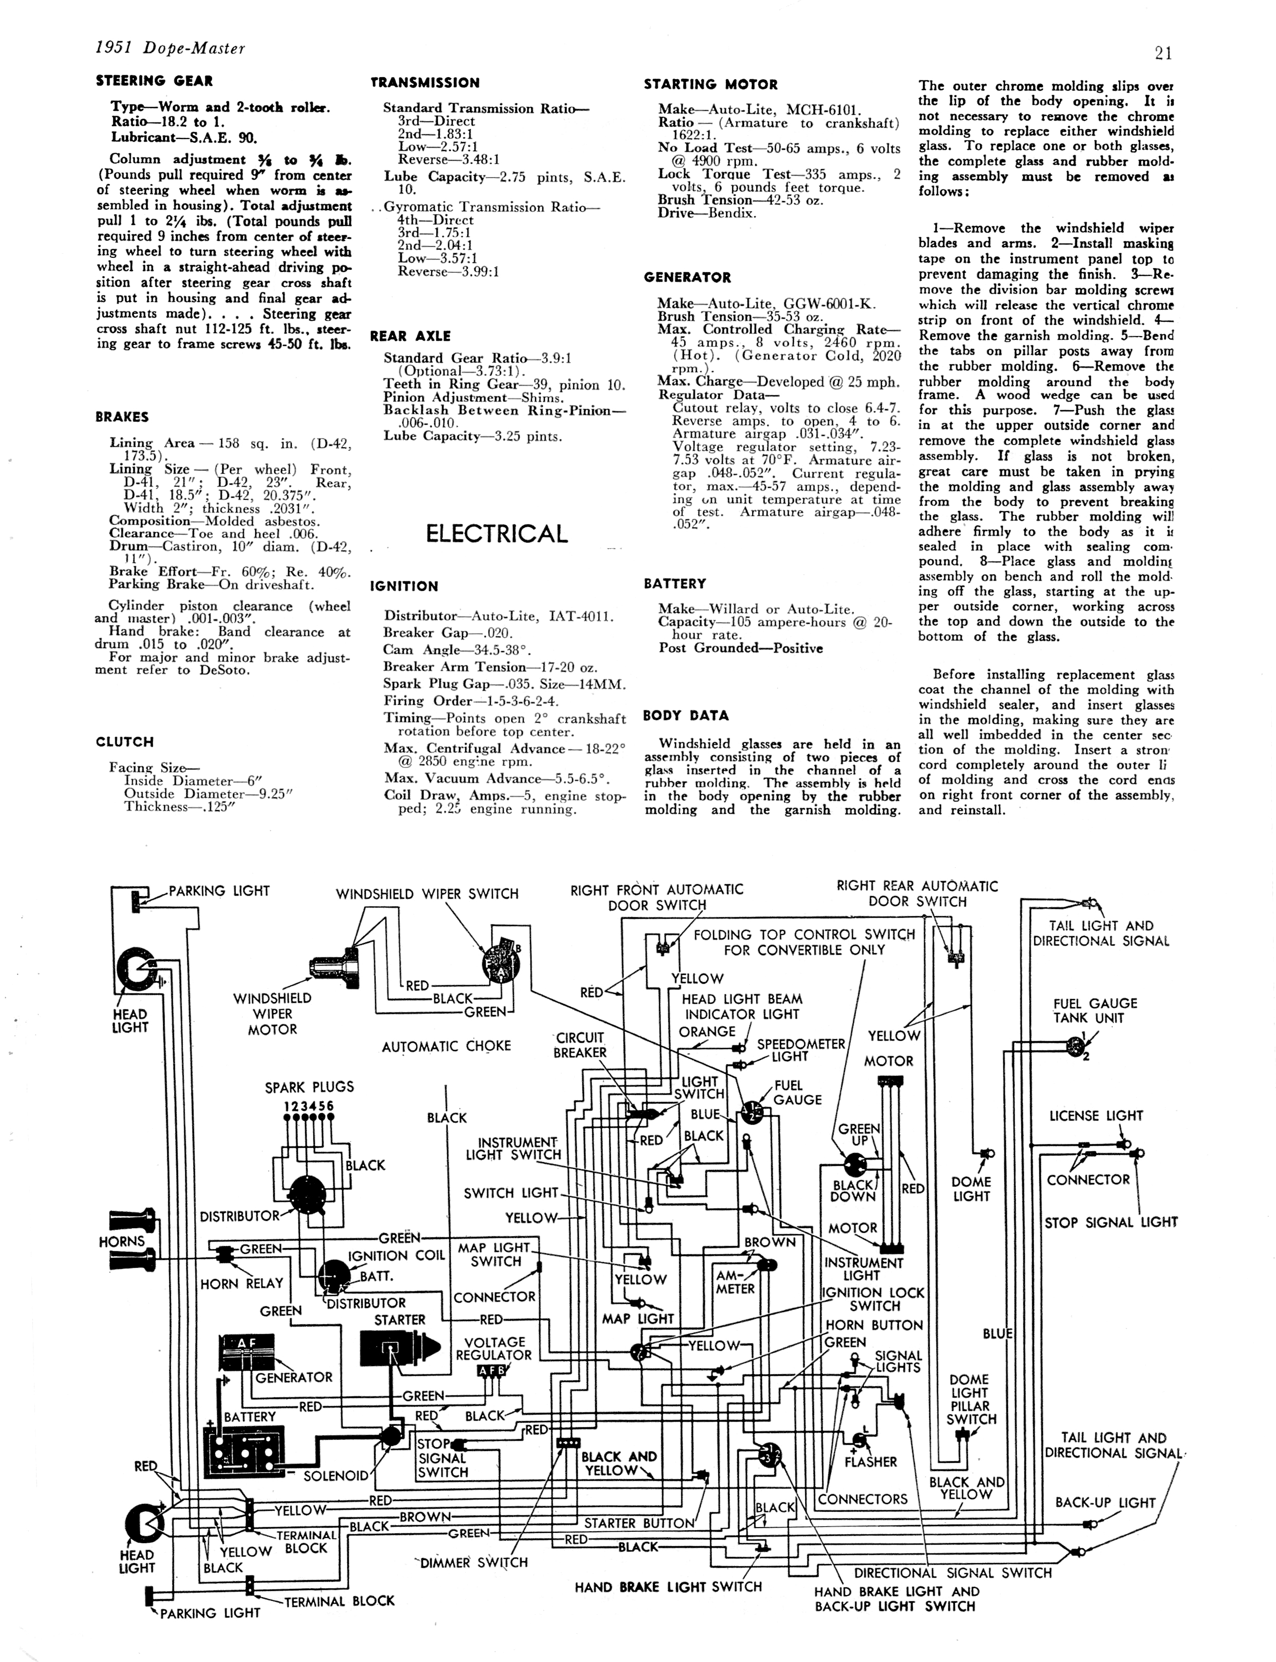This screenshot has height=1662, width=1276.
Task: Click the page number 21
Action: pos(1163,53)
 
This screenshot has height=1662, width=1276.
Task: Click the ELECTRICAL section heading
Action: pos(496,533)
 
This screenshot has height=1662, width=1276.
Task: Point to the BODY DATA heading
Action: pos(685,715)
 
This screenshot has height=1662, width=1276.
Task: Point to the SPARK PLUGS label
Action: pos(309,1087)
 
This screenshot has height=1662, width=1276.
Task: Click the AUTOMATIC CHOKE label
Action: pos(446,1046)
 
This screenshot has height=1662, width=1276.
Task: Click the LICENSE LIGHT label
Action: pos(1095,1116)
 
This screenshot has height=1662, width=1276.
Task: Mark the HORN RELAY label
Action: pos(241,1284)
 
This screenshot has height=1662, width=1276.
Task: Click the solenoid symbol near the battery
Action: pos(391,1435)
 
